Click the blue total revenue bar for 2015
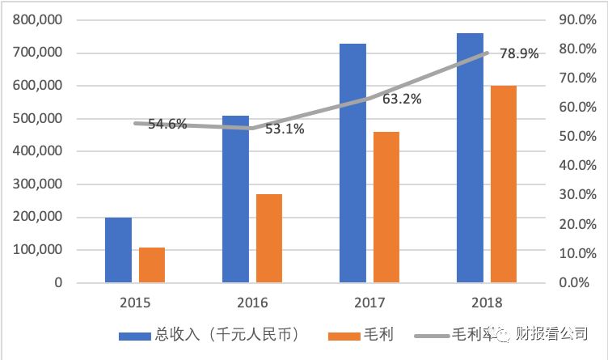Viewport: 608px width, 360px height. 118,250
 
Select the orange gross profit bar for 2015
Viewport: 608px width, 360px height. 151,265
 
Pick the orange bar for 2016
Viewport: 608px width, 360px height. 268,239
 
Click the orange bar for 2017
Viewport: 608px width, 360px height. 386,207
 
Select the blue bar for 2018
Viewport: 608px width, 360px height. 470,158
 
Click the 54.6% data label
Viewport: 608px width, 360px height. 167,124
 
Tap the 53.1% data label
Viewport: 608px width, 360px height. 285,129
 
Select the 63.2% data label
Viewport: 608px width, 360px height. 402,100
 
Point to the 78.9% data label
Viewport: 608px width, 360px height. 519,53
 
